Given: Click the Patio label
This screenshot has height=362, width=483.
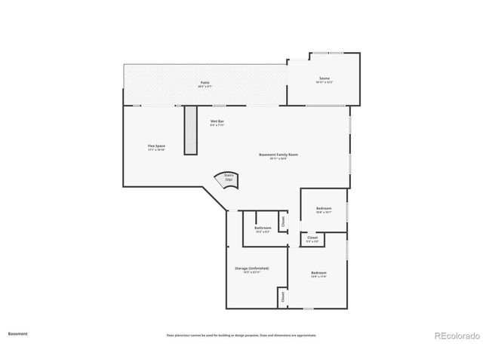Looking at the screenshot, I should coord(205,82).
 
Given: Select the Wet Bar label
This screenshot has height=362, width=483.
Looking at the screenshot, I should coord(217,121).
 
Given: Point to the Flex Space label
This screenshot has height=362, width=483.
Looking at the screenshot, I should coord(156,146).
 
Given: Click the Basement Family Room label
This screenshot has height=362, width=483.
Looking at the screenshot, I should coord(278,155).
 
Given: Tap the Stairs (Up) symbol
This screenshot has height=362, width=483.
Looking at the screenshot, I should coord(228,179).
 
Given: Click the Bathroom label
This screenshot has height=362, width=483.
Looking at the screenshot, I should coord(263,228).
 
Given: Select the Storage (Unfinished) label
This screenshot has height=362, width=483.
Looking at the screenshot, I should coord(251,268).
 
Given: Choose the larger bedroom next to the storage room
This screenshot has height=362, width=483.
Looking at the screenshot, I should coord(318,272).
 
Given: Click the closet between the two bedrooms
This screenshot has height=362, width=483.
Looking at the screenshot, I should coord(312,238).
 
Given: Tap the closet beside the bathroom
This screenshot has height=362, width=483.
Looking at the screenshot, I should coord(284,222).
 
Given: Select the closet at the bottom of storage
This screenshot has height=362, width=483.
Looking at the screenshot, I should coord(282,297).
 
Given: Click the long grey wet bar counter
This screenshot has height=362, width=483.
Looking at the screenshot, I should coord(190,130).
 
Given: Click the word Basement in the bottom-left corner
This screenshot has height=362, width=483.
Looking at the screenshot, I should coord(18,333).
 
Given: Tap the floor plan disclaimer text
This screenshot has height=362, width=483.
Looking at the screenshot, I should coord(241,335).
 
